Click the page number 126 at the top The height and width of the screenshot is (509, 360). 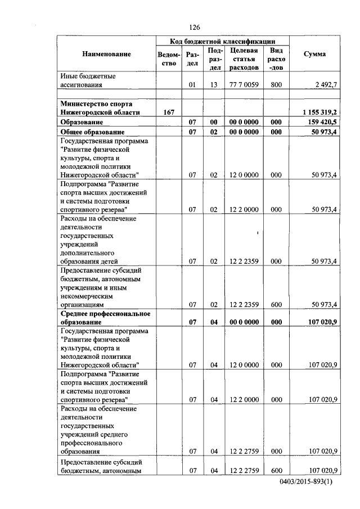pos(195,28)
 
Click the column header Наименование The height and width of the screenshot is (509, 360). pos(106,54)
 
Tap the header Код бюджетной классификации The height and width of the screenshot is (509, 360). pos(223,41)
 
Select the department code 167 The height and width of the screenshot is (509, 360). pos(168,112)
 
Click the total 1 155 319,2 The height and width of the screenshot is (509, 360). pos(317,112)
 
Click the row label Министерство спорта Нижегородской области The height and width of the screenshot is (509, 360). pos(100,108)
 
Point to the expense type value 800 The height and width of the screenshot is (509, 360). pos(276,85)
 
